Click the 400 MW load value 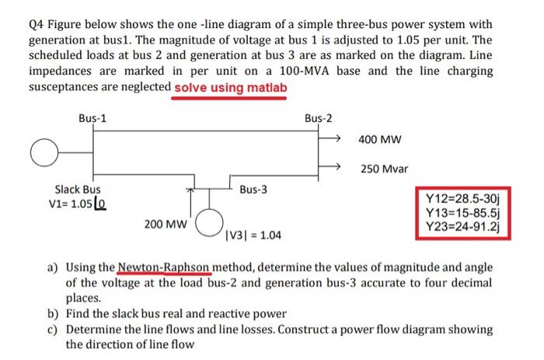coord(379,140)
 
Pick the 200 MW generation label coord(166,224)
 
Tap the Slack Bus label coord(77,189)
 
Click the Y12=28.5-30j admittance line coord(464,198)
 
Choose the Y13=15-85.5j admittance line coord(464,212)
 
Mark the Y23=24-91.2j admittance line coord(464,226)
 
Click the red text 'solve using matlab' coord(230,87)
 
